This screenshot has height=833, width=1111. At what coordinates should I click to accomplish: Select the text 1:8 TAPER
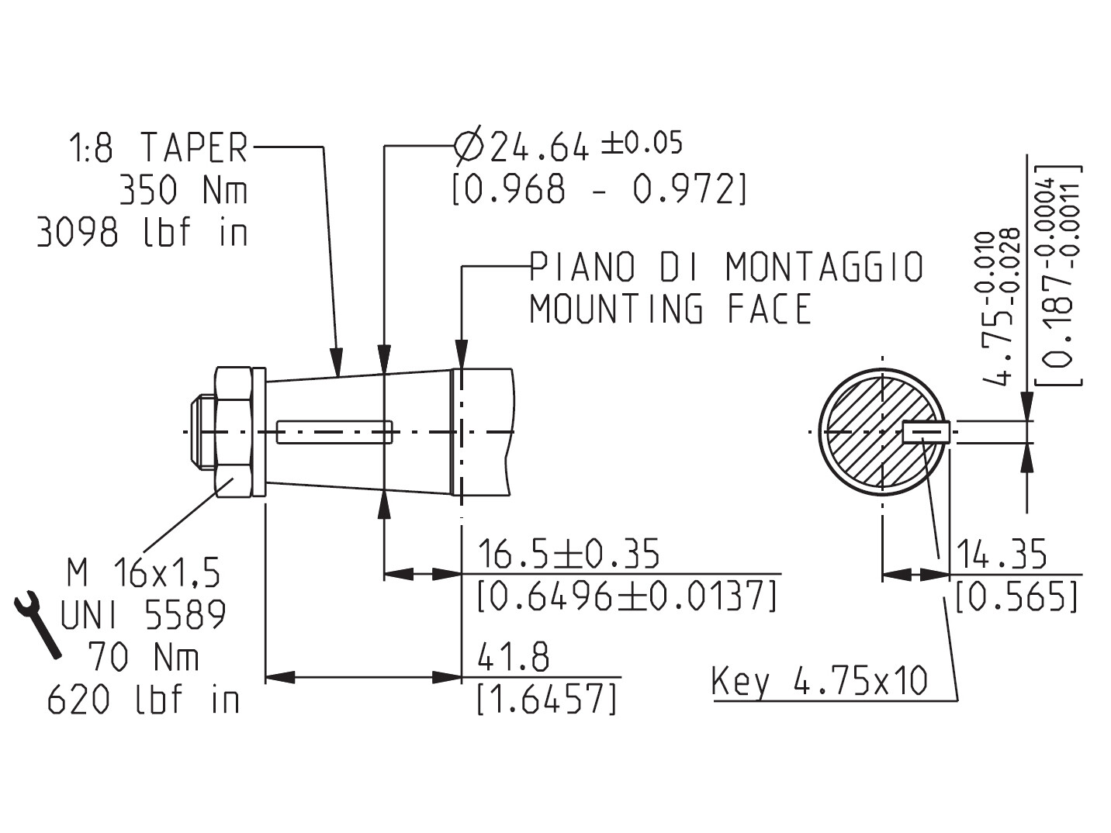(x=159, y=147)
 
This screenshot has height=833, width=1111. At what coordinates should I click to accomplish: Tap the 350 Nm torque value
(x=184, y=190)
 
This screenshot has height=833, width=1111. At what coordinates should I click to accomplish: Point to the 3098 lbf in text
(x=143, y=232)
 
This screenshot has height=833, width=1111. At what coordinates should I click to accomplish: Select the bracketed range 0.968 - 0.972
(x=599, y=188)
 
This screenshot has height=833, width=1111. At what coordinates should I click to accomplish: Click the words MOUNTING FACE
(x=670, y=309)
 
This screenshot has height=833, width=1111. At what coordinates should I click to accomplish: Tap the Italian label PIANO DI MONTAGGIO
(x=726, y=267)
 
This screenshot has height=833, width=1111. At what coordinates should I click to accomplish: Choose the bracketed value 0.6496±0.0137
(x=627, y=596)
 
